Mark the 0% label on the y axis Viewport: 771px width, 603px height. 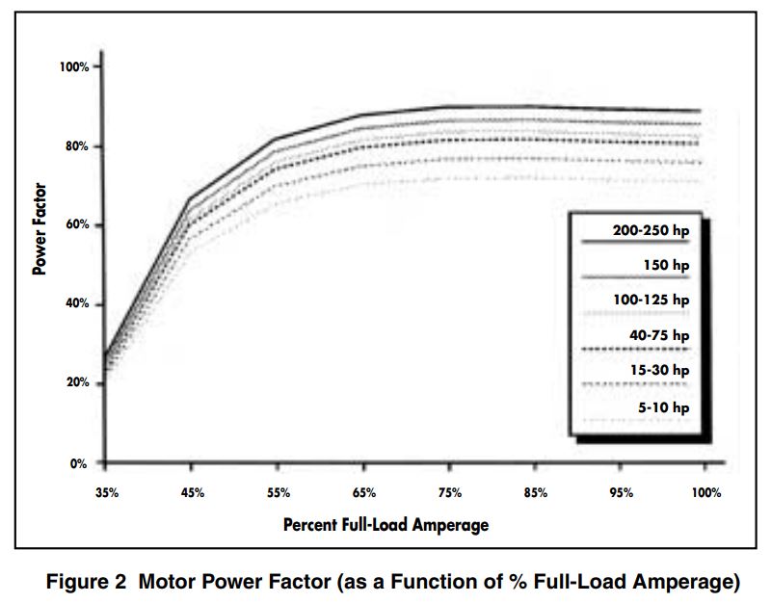coord(80,463)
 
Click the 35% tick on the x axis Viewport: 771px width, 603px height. coord(107,492)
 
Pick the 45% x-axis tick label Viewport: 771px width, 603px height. coord(193,492)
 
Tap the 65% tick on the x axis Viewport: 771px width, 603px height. coord(364,492)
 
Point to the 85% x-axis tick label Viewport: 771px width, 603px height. coord(536,492)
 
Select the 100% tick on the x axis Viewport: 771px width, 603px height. coord(706,492)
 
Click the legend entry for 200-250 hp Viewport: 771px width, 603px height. coord(651,231)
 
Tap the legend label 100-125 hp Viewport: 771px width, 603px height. coord(651,301)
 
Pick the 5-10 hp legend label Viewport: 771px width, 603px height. coord(665,406)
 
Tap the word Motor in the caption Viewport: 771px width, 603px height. coord(165,582)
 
